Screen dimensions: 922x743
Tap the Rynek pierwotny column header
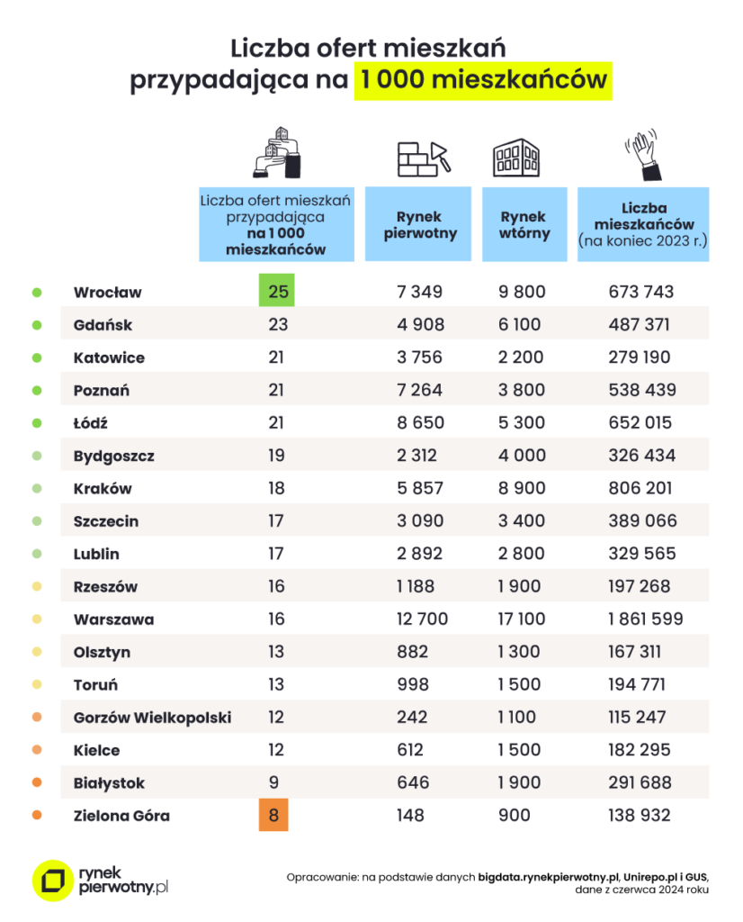click(418, 224)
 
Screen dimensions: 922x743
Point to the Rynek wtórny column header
click(524, 224)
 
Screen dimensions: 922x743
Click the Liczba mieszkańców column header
click(642, 224)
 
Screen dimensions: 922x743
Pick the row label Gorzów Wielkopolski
click(152, 718)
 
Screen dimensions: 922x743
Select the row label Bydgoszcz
click(114, 456)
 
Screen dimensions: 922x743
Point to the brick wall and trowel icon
click(422, 158)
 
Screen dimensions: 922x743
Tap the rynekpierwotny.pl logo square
click(51, 880)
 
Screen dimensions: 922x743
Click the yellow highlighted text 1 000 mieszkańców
click(481, 79)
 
